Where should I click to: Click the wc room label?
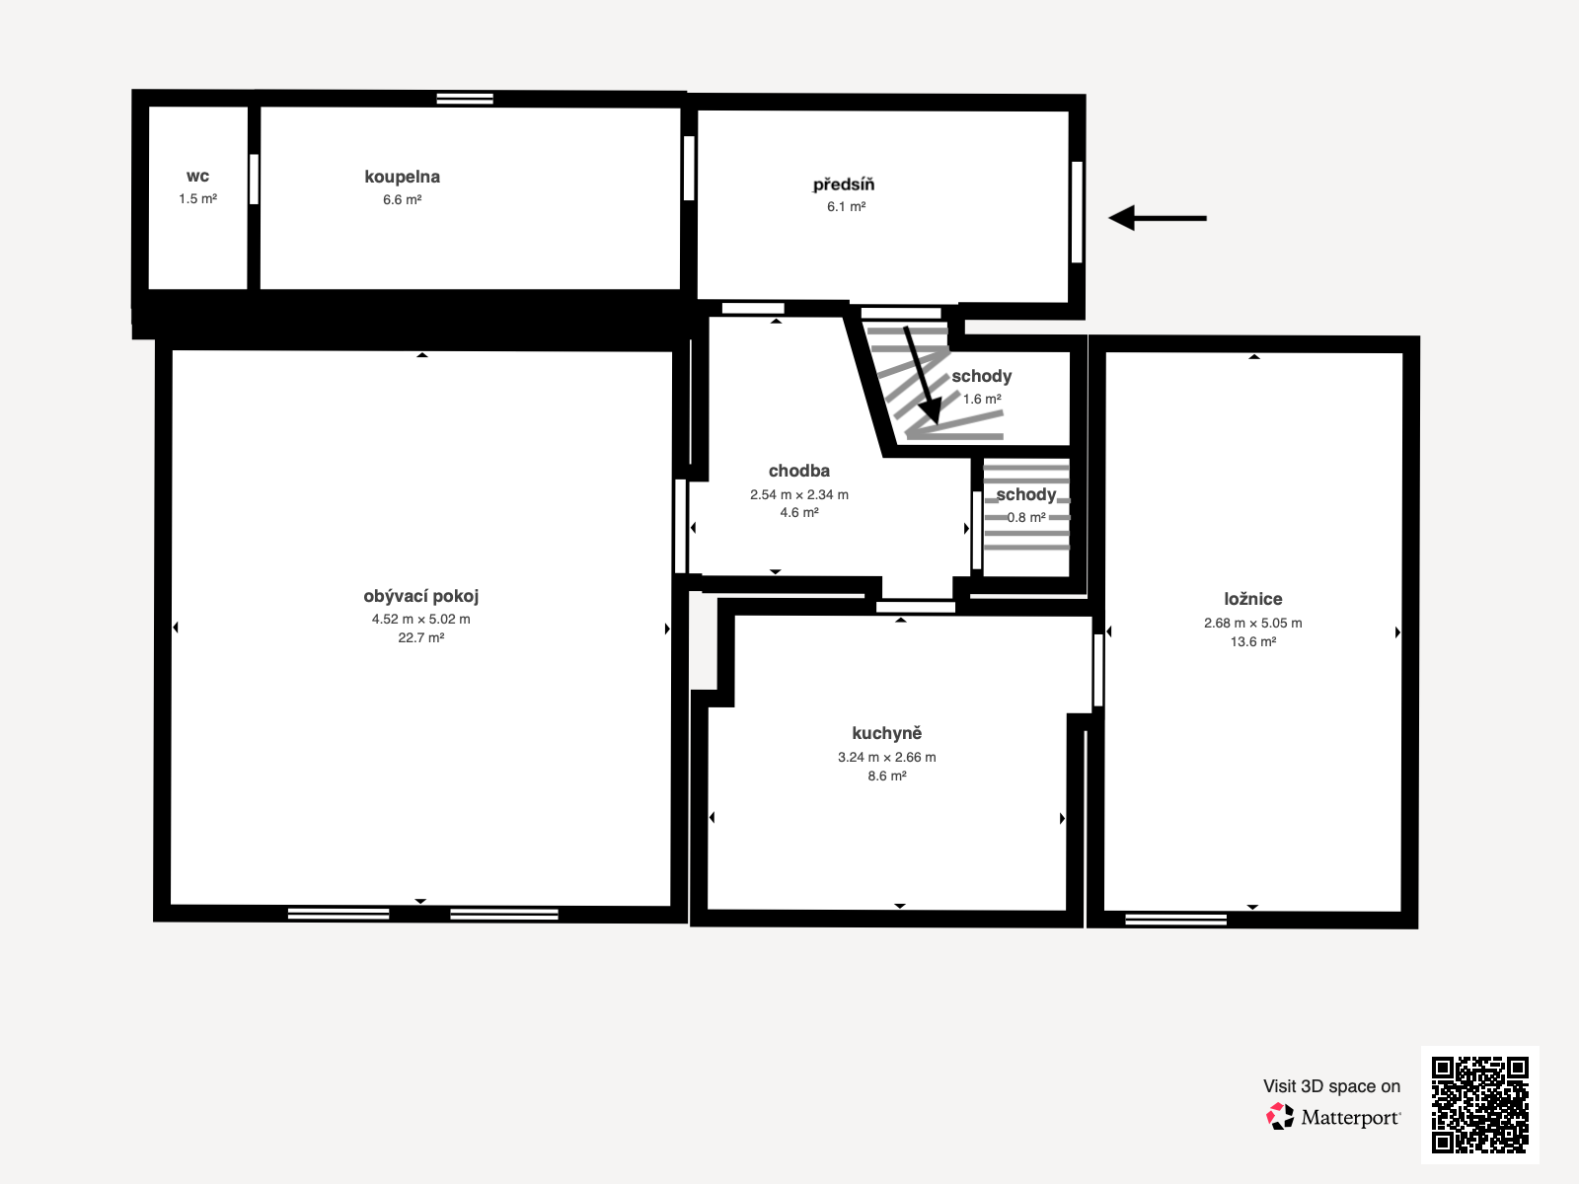[197, 177]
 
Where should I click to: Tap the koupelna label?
[402, 177]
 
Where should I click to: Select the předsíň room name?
[844, 185]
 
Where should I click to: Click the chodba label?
[799, 471]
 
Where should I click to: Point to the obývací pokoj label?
[420, 596]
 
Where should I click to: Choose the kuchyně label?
[887, 732]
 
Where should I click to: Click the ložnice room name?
[1253, 599]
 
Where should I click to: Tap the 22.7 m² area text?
[420, 637]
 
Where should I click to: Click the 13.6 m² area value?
[1253, 641]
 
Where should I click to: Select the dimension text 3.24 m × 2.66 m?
[887, 757]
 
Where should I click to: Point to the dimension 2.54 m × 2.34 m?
[799, 494]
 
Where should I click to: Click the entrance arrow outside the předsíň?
[1158, 218]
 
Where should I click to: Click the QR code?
[1479, 1105]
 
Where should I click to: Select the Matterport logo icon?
[1280, 1117]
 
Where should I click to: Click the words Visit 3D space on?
[1331, 1086]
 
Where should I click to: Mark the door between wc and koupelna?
[254, 179]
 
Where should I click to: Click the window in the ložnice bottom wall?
[1176, 920]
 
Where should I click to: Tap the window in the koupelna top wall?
[465, 99]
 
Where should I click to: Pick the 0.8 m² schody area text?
[1026, 517]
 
